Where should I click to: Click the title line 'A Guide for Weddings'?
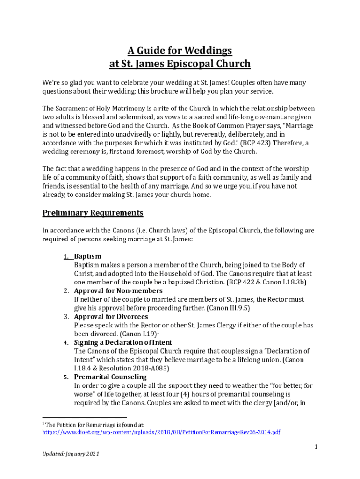click(x=180, y=50)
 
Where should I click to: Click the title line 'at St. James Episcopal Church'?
click(x=180, y=64)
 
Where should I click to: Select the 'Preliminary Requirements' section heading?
click(x=93, y=213)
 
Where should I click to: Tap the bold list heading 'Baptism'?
click(x=87, y=256)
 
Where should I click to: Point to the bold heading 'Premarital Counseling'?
click(x=110, y=377)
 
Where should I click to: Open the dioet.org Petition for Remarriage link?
click(x=161, y=432)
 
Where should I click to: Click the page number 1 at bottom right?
click(x=316, y=447)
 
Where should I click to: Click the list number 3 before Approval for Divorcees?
click(x=66, y=317)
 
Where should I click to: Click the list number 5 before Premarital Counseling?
click(x=66, y=377)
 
